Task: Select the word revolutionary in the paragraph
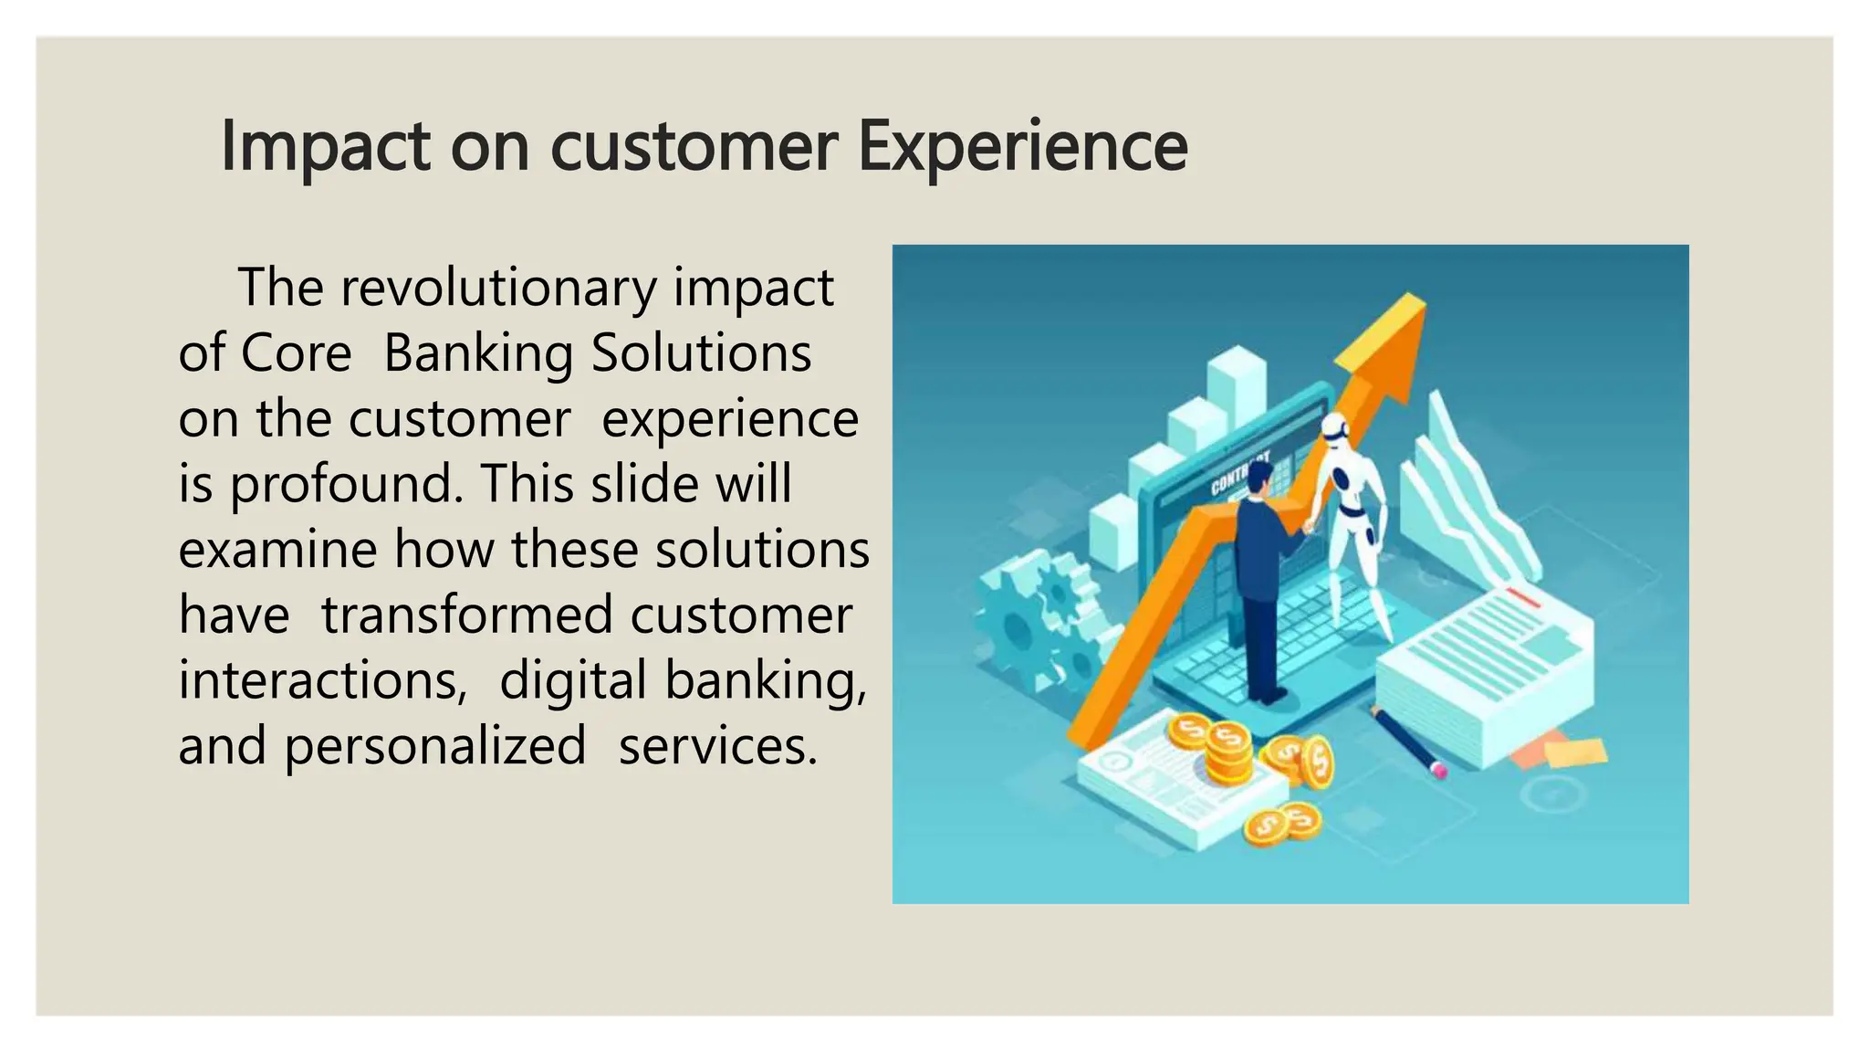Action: pyautogui.click(x=498, y=289)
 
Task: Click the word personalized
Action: pyautogui.click(x=434, y=746)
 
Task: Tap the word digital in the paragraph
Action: pyautogui.click(x=573, y=680)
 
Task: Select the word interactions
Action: pyautogui.click(x=322, y=680)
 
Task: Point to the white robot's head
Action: pyautogui.click(x=1335, y=427)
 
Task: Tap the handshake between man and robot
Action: pyautogui.click(x=1310, y=526)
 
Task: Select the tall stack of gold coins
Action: pyautogui.click(x=1227, y=752)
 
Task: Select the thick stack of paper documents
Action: pyautogui.click(x=1483, y=676)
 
